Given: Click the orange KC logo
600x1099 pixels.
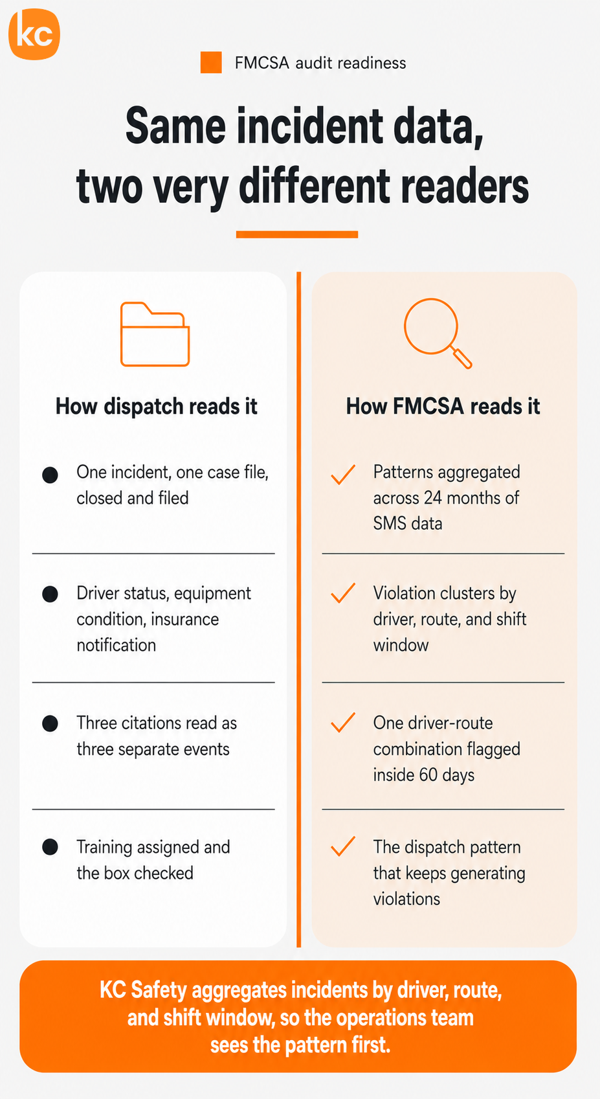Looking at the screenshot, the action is click(34, 34).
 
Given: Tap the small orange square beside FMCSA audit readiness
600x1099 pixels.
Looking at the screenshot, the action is click(211, 63).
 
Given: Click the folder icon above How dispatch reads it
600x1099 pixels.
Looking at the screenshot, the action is click(155, 334).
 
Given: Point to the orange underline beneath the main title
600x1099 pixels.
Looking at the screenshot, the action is click(297, 234).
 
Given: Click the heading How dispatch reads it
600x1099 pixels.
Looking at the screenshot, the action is click(157, 407).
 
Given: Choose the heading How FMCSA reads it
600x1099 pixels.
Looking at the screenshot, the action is click(443, 407).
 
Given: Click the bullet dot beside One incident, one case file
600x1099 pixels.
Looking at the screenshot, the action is click(50, 475).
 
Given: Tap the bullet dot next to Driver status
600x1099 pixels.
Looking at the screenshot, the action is click(50, 594).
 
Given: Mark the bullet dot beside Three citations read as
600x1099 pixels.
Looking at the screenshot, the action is click(50, 723).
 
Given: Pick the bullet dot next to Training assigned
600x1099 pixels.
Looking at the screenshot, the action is click(50, 847).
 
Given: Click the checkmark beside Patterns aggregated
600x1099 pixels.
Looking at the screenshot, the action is click(343, 475).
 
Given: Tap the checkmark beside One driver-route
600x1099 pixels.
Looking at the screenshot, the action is click(343, 722).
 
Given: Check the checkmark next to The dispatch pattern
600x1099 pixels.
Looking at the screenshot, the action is click(343, 846).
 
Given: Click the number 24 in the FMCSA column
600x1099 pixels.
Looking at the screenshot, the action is click(434, 498).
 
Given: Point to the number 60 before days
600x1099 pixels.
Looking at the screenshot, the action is click(428, 775).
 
